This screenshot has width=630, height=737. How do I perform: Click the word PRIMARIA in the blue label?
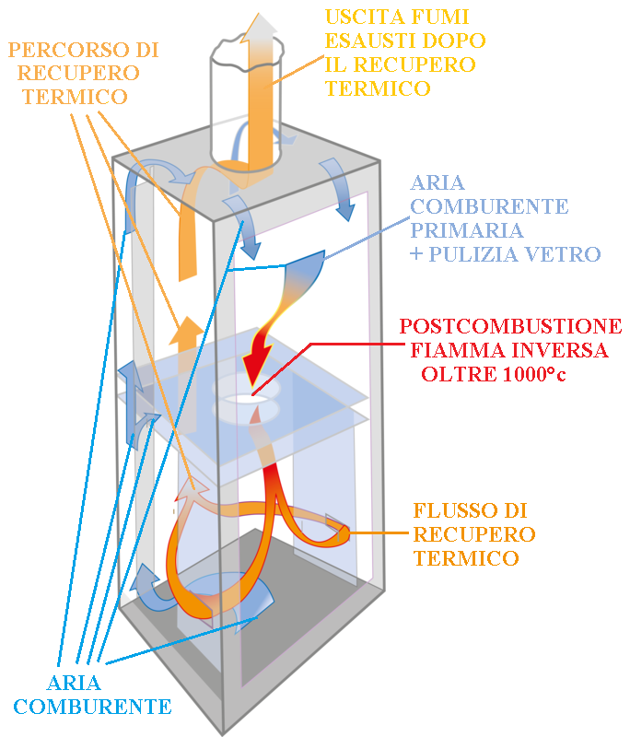tap(466, 230)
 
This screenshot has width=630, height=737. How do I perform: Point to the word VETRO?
tap(563, 254)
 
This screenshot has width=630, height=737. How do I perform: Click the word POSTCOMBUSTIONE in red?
tap(510, 326)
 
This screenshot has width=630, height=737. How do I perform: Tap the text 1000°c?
tap(534, 374)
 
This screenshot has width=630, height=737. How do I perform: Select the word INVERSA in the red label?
tap(559, 350)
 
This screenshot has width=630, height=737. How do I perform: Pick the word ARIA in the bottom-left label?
tap(74, 684)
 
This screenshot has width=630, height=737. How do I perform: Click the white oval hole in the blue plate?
tap(245, 399)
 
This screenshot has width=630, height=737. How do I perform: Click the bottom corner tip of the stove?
tap(223, 733)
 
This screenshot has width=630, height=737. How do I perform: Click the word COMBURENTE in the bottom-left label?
tap(92, 707)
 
